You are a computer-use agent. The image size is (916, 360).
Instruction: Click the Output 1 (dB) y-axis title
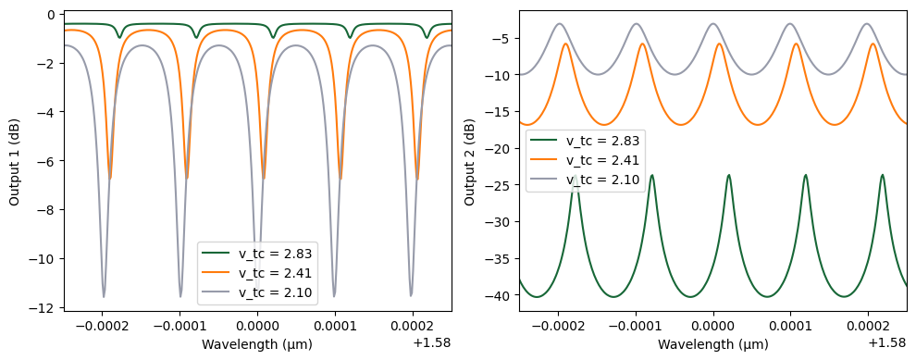pyautogui.click(x=14, y=160)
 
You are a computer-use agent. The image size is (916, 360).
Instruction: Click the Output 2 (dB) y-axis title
pyautogui.click(x=469, y=160)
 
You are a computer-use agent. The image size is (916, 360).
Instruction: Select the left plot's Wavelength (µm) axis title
pyautogui.click(x=257, y=344)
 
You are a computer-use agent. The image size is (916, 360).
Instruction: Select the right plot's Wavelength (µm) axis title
pyautogui.click(x=712, y=344)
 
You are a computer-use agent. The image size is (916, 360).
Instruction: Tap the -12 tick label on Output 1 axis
pyautogui.click(x=43, y=307)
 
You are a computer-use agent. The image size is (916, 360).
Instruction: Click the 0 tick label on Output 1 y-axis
pyautogui.click(x=52, y=15)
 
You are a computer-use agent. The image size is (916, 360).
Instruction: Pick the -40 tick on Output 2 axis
pyautogui.click(x=499, y=296)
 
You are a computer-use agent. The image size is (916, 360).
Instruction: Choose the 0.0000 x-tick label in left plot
pyautogui.click(x=257, y=326)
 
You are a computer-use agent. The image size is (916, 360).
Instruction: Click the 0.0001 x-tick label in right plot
pyautogui.click(x=790, y=326)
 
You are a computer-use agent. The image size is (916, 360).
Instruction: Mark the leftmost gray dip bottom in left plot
pyautogui.click(x=104, y=297)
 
